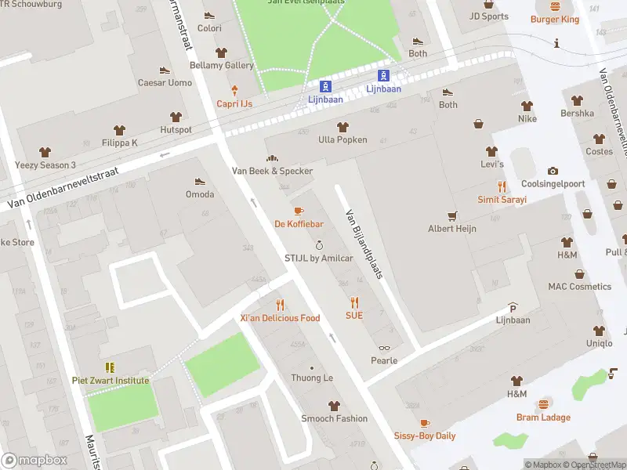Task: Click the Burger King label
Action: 554,19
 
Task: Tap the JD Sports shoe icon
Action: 488,3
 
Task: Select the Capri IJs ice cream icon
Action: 234,91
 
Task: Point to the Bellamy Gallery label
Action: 222,66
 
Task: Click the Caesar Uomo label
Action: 165,83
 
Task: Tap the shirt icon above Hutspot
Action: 176,117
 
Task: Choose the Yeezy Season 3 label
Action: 45,165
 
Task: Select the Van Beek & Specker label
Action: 272,171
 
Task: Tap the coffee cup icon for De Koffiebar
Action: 298,211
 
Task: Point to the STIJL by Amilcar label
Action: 318,258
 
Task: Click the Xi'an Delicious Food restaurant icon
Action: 280,305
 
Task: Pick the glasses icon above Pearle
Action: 384,348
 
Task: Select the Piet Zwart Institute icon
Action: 111,367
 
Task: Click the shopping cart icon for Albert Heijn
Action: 451,215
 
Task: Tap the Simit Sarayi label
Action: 502,200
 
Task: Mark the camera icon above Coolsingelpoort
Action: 553,171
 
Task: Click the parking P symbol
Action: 513,307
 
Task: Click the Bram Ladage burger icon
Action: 543,404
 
